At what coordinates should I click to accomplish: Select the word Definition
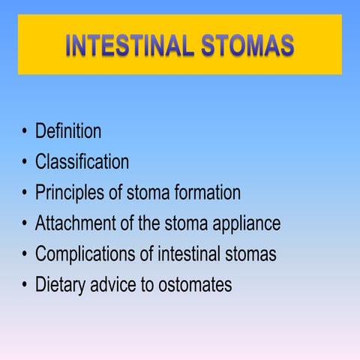[x=68, y=131]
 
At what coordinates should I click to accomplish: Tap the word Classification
[x=82, y=162]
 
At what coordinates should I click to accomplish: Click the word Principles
[x=71, y=193]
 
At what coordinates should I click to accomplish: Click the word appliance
[x=246, y=223]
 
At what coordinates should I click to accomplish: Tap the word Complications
[x=85, y=254]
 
